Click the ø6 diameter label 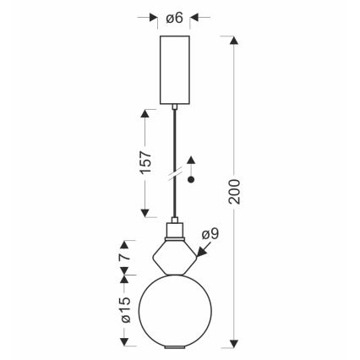coord(175,18)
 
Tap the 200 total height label coord(234,191)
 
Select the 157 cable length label coord(146,162)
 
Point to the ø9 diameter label coord(210,234)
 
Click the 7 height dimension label coord(125,256)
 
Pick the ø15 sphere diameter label coord(126,309)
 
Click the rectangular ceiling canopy coord(175,70)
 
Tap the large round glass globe coord(175,311)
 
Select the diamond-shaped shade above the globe coord(175,257)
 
